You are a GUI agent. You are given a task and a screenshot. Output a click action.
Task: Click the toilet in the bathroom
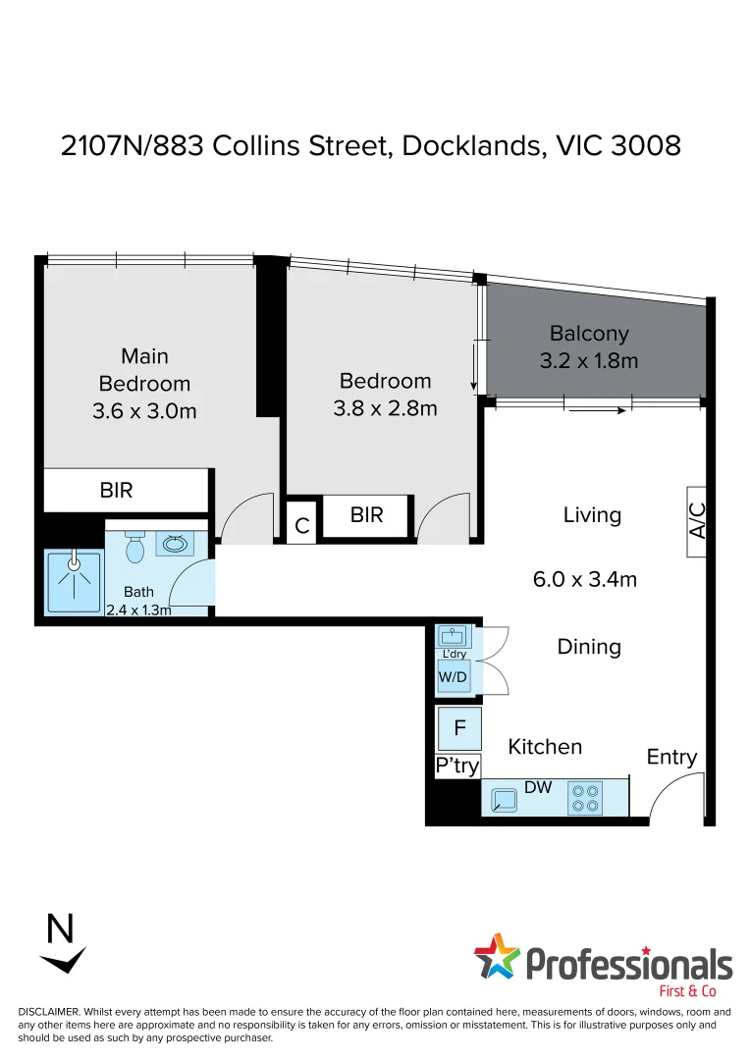(x=135, y=547)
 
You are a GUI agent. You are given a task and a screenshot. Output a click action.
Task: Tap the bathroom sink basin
(x=177, y=544)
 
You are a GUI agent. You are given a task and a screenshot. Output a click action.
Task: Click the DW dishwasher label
(x=538, y=786)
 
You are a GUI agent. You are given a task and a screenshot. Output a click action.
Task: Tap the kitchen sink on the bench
(x=505, y=801)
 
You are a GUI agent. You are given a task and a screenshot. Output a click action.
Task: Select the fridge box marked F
(x=458, y=729)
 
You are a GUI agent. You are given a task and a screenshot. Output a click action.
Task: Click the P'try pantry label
(x=456, y=766)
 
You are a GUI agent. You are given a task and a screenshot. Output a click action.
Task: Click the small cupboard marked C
(x=302, y=526)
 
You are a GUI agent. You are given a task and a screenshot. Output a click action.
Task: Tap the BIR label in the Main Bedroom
(x=117, y=490)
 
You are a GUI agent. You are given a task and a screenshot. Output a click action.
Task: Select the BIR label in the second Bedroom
(x=366, y=514)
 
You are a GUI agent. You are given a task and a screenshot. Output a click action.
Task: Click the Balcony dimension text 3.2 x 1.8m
(x=589, y=361)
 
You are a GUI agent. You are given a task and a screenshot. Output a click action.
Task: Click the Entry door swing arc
(x=675, y=790)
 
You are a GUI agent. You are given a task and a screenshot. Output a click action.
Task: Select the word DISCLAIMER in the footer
(x=48, y=1012)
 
